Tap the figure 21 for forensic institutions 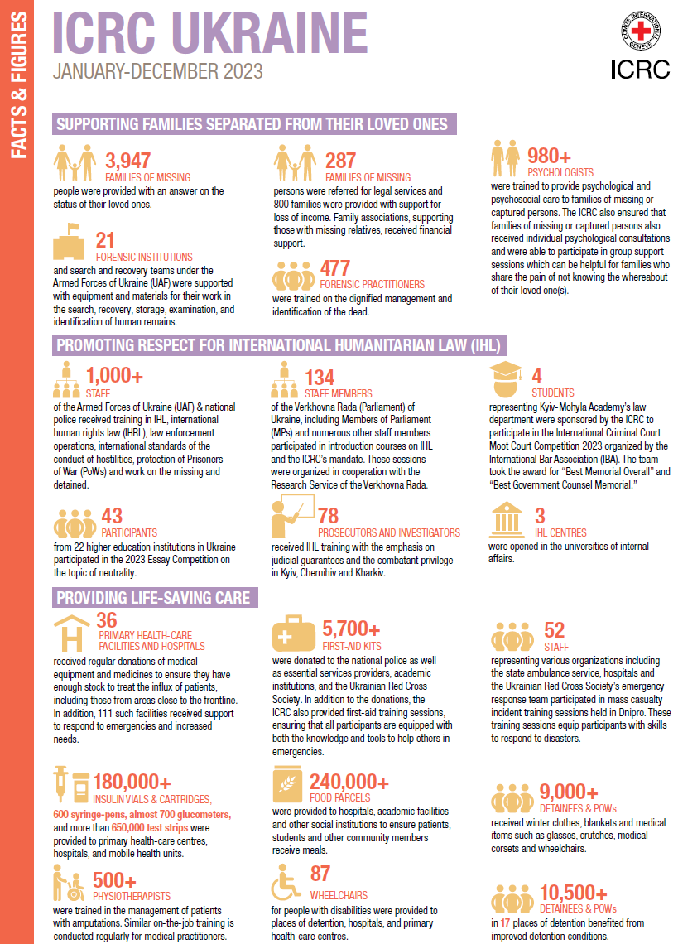pyautogui.click(x=105, y=239)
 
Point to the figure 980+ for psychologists pyautogui.click(x=550, y=156)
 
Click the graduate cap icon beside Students pyautogui.click(x=506, y=378)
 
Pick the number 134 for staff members pyautogui.click(x=320, y=378)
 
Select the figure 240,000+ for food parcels pyautogui.click(x=349, y=782)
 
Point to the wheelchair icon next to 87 pyautogui.click(x=286, y=884)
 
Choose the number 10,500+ pyautogui.click(x=568, y=892)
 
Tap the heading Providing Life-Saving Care pyautogui.click(x=152, y=598)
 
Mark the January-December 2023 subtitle pyautogui.click(x=157, y=71)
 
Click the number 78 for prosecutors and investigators pyautogui.click(x=328, y=517)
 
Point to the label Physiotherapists pyautogui.click(x=132, y=895)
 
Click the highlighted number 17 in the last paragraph pyautogui.click(x=505, y=922)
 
